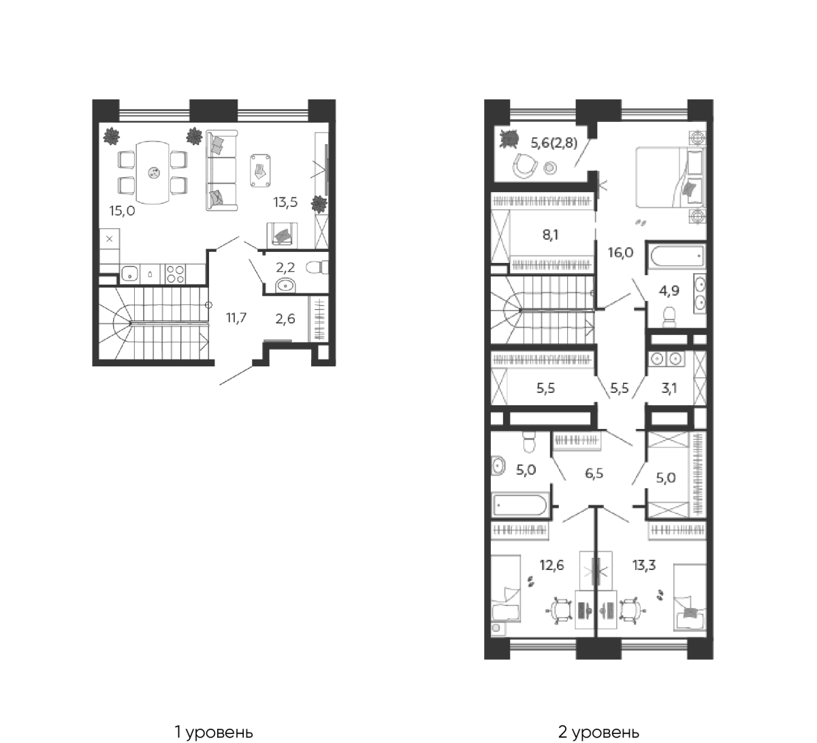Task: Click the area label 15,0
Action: (122, 211)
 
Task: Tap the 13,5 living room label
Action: (285, 202)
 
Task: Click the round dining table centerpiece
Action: (154, 173)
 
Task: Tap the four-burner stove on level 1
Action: (176, 274)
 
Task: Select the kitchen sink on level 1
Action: (130, 274)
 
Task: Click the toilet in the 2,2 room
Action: (317, 268)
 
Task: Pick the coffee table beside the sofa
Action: (261, 170)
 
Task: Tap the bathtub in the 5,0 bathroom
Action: (519, 505)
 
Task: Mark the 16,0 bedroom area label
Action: (621, 253)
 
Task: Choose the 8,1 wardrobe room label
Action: (550, 235)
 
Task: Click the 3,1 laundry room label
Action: (669, 388)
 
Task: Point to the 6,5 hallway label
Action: (594, 473)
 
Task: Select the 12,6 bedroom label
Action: (552, 565)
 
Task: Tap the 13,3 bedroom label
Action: (644, 565)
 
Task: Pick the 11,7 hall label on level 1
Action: (236, 317)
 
